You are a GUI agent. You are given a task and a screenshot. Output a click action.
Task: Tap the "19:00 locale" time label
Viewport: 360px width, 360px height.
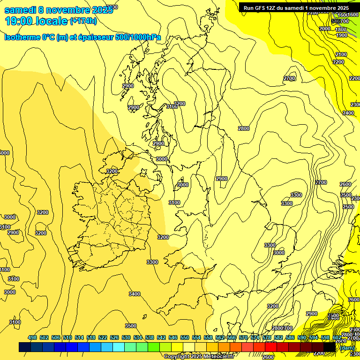coord(37,22)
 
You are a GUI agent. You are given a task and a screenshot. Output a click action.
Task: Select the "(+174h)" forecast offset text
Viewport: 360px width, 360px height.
coord(83,21)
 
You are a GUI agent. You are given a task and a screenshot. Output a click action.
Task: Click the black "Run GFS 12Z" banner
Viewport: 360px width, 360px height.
coord(295,7)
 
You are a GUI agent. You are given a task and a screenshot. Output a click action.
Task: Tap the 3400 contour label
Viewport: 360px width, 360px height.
coord(135,294)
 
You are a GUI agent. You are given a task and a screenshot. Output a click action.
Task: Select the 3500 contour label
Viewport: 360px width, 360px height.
coord(131,326)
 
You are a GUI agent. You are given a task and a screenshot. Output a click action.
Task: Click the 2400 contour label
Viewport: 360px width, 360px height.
coord(348,113)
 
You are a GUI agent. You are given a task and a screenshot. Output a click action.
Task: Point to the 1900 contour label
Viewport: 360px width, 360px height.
coord(341,35)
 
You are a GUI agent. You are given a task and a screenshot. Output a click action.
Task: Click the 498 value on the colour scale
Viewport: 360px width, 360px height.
coord(32,337)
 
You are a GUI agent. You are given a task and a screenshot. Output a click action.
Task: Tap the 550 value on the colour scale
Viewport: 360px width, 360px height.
coord(185,337)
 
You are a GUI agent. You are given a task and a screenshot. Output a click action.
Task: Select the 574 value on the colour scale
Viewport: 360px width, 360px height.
coord(255,337)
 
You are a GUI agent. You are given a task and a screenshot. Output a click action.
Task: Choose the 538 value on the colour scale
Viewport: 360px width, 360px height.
coord(150,337)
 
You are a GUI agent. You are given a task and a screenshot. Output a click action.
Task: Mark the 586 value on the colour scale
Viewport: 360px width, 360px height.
coord(290,337)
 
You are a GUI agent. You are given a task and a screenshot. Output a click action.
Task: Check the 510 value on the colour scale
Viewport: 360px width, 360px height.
coord(67,337)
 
